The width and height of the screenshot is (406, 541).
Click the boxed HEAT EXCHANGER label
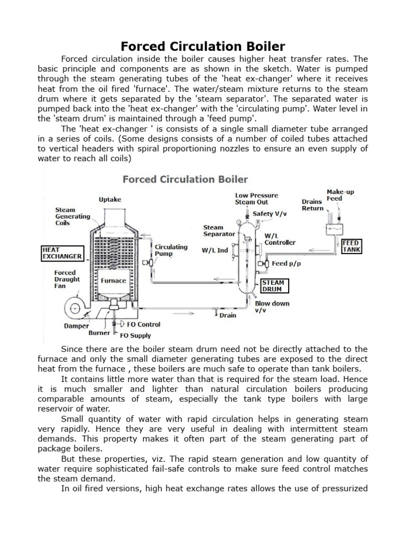[x=62, y=253]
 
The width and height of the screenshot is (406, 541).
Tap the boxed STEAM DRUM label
[x=273, y=286]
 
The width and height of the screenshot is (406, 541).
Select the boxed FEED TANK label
[x=352, y=247]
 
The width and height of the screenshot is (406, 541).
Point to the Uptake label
[x=110, y=199]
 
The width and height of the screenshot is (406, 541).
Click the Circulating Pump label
[x=171, y=250]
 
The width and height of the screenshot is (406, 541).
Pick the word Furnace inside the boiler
[x=114, y=281]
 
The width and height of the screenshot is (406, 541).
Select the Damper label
[x=77, y=326]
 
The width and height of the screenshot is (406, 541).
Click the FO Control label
[x=141, y=324]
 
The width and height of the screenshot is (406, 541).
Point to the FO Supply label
[x=136, y=335]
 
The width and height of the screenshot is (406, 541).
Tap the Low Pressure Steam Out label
[x=256, y=199]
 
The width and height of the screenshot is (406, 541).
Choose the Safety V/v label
[x=270, y=214]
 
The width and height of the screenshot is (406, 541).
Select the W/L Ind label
[x=215, y=250]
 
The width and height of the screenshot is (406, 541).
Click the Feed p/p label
[x=286, y=263]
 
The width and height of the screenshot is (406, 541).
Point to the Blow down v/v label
[x=272, y=307]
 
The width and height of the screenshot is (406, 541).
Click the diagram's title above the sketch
[x=185, y=179]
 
